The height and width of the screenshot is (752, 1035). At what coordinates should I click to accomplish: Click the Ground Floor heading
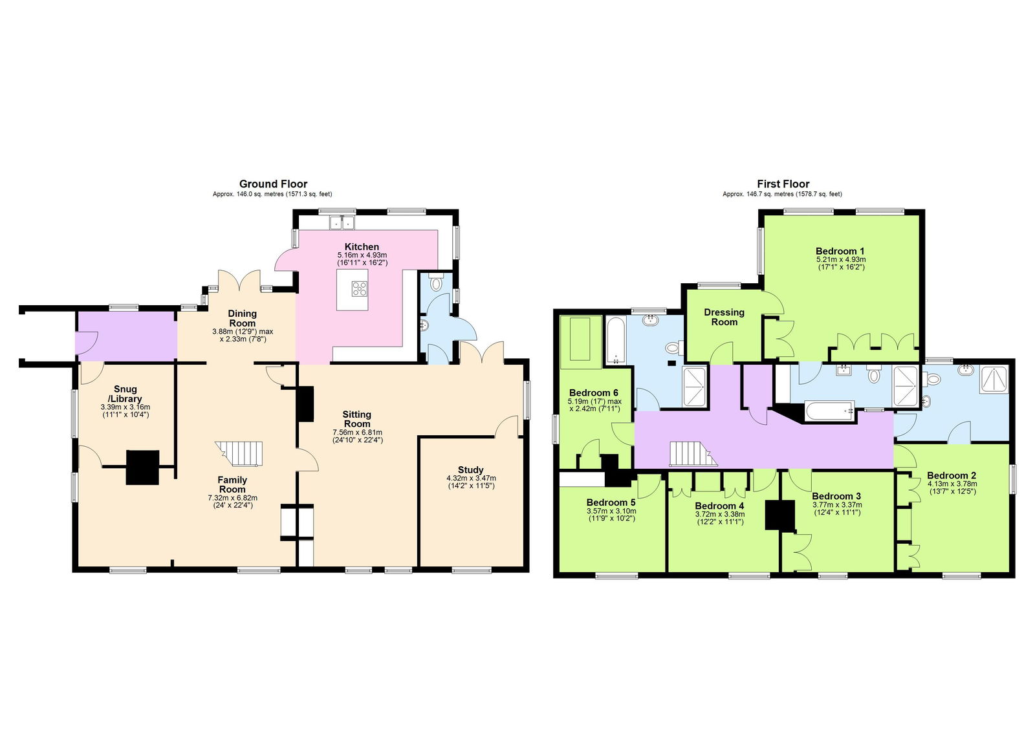[273, 184]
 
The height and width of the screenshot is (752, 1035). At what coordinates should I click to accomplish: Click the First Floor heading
[783, 184]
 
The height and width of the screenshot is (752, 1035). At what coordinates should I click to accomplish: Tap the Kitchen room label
[362, 247]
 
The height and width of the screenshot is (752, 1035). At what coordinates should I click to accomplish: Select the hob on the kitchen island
[360, 289]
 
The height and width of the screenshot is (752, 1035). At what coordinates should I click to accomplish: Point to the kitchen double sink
[342, 223]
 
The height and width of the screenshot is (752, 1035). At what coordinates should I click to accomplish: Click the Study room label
[470, 470]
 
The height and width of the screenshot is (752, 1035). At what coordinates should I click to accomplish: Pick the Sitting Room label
[356, 419]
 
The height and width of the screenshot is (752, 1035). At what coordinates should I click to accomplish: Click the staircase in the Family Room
[240, 453]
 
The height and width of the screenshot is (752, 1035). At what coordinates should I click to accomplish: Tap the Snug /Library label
[125, 394]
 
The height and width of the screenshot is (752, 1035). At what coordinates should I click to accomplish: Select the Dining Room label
[242, 318]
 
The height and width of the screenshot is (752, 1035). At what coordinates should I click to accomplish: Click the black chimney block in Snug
[142, 467]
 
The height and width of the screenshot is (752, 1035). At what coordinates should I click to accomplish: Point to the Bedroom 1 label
[840, 252]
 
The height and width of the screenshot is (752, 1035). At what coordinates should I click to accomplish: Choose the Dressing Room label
[724, 317]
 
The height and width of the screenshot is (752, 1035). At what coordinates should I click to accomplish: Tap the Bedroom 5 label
[611, 502]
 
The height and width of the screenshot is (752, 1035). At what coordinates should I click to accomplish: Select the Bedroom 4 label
[719, 506]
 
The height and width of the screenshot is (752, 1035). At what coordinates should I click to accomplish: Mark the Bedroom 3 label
[836, 497]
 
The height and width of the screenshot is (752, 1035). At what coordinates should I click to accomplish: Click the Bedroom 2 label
[952, 475]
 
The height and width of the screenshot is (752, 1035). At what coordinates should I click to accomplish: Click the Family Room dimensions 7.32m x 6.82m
[232, 498]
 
